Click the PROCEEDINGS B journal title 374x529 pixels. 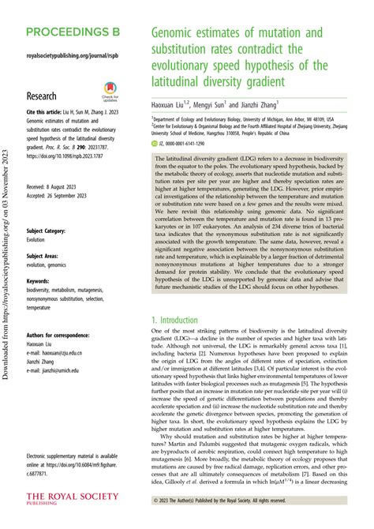coord(82,36)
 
